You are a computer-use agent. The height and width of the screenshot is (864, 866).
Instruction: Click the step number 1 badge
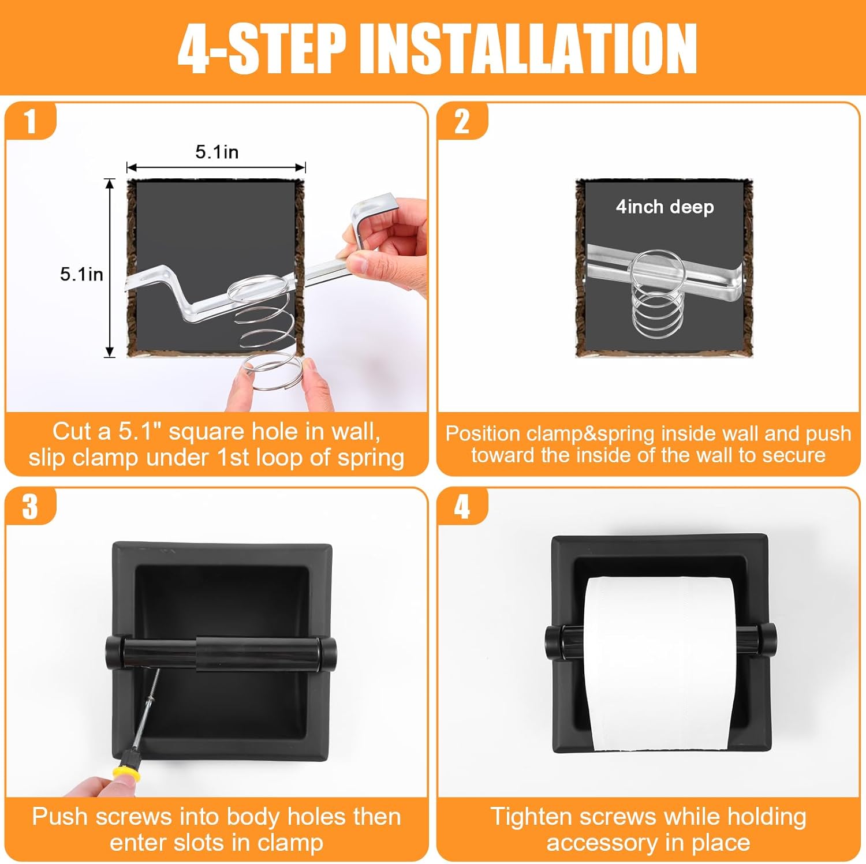(30, 121)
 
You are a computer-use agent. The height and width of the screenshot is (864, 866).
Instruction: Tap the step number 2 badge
(462, 121)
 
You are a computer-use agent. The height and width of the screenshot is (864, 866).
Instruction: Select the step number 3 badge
(30, 507)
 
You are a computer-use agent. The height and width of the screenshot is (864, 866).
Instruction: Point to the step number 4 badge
(462, 507)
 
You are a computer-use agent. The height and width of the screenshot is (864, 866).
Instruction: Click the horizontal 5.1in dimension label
(216, 152)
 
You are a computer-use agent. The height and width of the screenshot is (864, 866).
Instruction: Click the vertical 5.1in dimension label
(81, 274)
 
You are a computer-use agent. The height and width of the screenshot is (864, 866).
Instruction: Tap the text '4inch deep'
(665, 207)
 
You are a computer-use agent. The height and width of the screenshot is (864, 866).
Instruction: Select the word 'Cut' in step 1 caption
(72, 431)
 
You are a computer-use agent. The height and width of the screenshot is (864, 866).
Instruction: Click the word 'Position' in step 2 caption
(483, 433)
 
